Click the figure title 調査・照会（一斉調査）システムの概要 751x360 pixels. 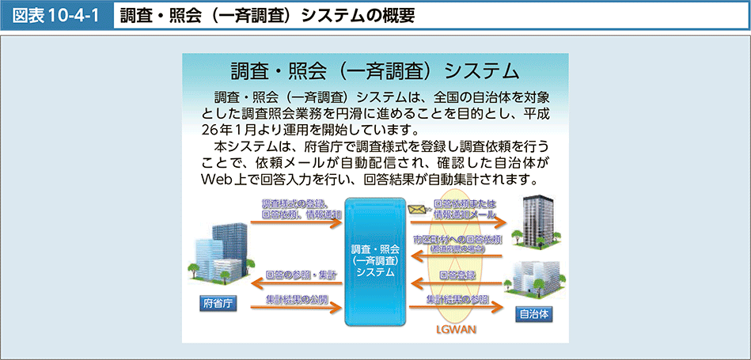267,14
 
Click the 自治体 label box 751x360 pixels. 533,313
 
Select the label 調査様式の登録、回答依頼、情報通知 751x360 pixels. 301,209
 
